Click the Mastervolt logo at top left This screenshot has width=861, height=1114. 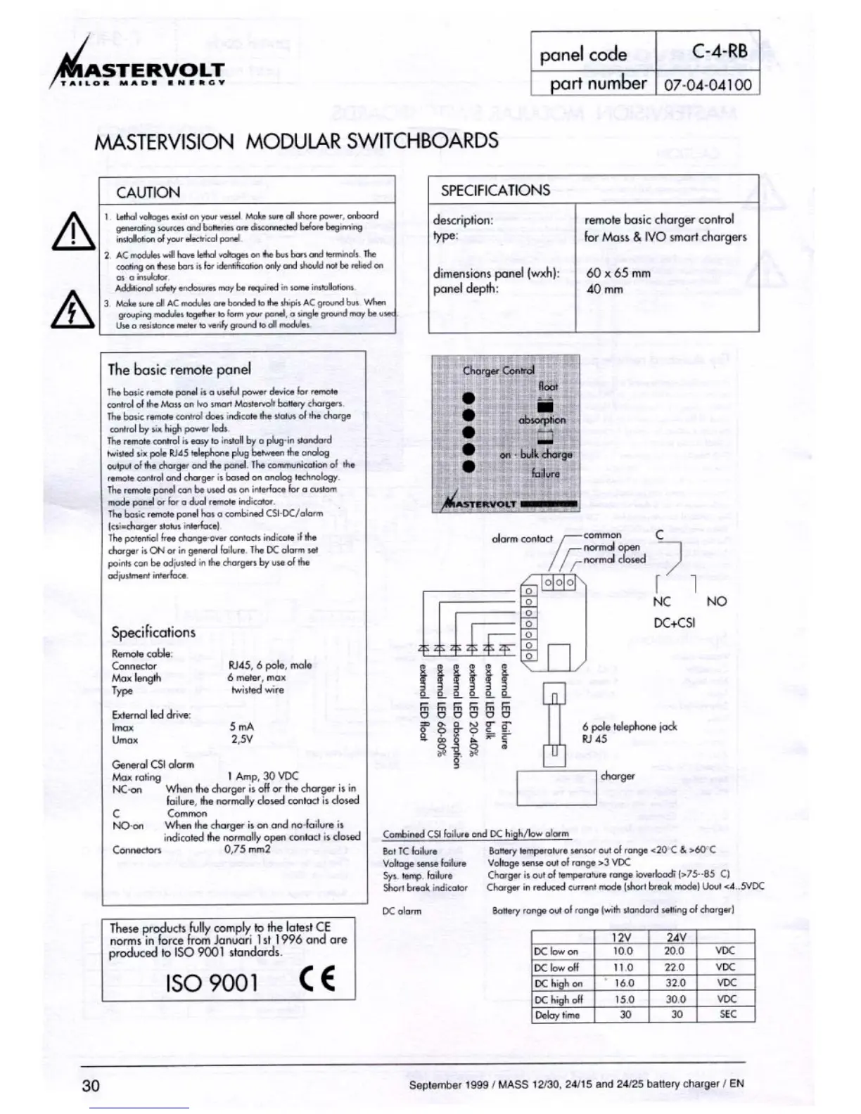pyautogui.click(x=141, y=70)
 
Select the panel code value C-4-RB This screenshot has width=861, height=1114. pyautogui.click(x=719, y=51)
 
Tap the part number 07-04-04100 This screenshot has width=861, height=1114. pyautogui.click(x=707, y=85)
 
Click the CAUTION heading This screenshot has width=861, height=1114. pyautogui.click(x=148, y=193)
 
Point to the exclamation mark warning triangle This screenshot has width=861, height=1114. pyautogui.click(x=73, y=232)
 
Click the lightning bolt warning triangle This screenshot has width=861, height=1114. pyautogui.click(x=73, y=310)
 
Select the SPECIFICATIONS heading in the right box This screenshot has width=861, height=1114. pyautogui.click(x=495, y=191)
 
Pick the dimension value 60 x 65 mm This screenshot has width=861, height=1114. pyautogui.click(x=618, y=273)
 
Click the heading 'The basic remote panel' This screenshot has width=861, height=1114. pyautogui.click(x=179, y=370)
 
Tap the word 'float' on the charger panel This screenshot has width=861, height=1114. pyautogui.click(x=548, y=387)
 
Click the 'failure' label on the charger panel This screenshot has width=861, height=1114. pyautogui.click(x=546, y=474)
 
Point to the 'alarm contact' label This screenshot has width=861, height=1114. pyautogui.click(x=522, y=539)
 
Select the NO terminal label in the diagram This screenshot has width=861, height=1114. pyautogui.click(x=716, y=601)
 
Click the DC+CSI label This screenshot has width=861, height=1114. pyautogui.click(x=674, y=622)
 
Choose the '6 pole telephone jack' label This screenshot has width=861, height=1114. pyautogui.click(x=629, y=726)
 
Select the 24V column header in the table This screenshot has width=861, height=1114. pyautogui.click(x=675, y=937)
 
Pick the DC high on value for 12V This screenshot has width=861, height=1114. pyautogui.click(x=624, y=983)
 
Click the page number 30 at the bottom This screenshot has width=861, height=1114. pyautogui.click(x=91, y=1085)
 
